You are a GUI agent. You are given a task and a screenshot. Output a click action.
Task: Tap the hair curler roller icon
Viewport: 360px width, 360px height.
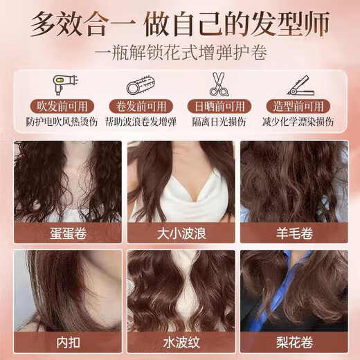pyautogui.click(x=141, y=86)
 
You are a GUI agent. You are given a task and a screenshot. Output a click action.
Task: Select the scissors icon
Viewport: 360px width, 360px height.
pyautogui.click(x=219, y=84)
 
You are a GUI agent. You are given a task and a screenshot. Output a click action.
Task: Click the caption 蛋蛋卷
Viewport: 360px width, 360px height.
pyautogui.click(x=66, y=233)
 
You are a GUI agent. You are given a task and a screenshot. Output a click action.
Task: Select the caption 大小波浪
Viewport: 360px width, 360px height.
pyautogui.click(x=179, y=233)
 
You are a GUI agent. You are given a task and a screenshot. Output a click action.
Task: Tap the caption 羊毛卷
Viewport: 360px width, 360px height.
pyautogui.click(x=293, y=233)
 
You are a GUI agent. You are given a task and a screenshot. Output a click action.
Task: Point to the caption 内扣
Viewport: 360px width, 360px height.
pyautogui.click(x=66, y=342)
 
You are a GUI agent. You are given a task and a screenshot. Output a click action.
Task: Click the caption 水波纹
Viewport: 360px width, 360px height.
pyautogui.click(x=179, y=342)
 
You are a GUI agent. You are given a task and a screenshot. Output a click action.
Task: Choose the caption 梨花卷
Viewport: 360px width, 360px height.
pyautogui.click(x=293, y=342)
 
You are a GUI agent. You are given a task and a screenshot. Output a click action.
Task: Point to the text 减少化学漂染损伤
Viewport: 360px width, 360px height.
pyautogui.click(x=298, y=121)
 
